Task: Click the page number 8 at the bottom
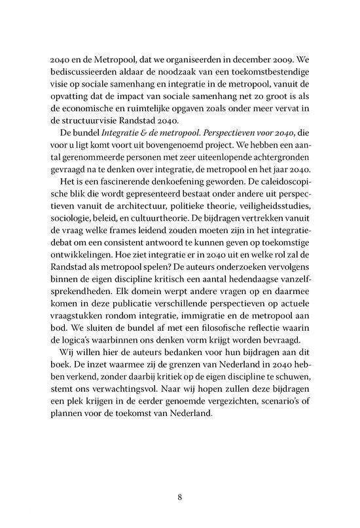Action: click(179, 496)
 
